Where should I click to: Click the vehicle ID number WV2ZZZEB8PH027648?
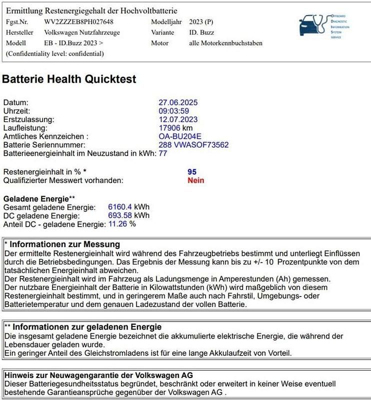coord(79,22)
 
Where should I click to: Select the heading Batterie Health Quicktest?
coord(69,79)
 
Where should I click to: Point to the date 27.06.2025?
coord(178,102)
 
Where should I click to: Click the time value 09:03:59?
coord(173,111)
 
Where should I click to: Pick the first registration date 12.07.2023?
coord(178,119)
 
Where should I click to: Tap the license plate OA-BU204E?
coord(180,136)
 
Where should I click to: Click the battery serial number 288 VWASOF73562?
coord(193,145)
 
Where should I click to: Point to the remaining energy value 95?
coord(192,171)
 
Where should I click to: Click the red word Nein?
coord(195,180)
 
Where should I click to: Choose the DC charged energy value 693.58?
coord(120,215)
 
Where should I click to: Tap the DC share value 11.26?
coord(118,224)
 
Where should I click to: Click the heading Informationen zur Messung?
coord(65,244)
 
